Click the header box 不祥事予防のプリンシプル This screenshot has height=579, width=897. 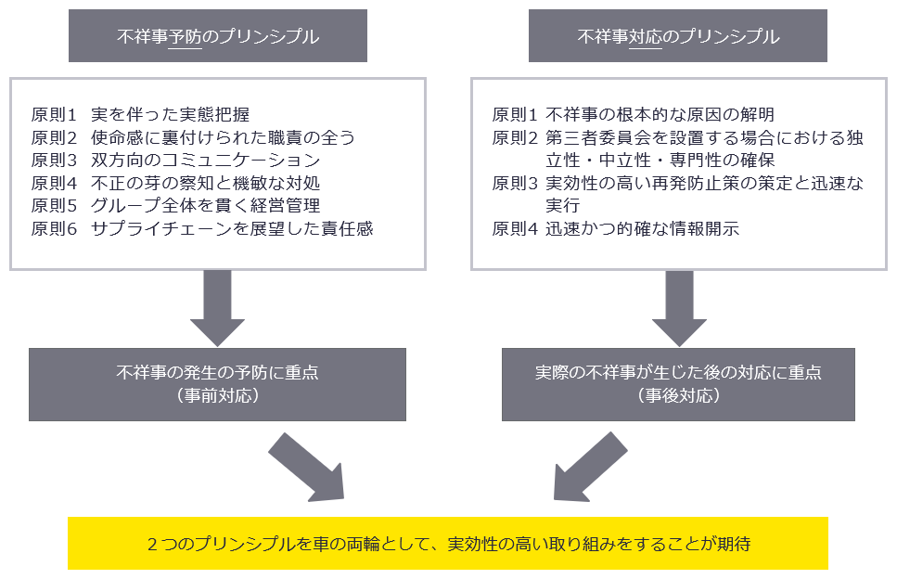218,37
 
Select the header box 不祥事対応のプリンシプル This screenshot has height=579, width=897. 678,37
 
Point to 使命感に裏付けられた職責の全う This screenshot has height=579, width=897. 223,137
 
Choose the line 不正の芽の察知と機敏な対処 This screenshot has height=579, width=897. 206,183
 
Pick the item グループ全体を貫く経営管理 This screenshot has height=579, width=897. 206,205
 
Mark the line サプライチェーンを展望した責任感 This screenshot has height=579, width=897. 232,228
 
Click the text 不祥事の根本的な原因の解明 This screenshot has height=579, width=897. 660,115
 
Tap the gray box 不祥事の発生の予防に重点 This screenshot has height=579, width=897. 218,383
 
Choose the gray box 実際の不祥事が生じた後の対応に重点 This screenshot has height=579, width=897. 678,383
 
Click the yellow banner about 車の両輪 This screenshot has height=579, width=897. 448,543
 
